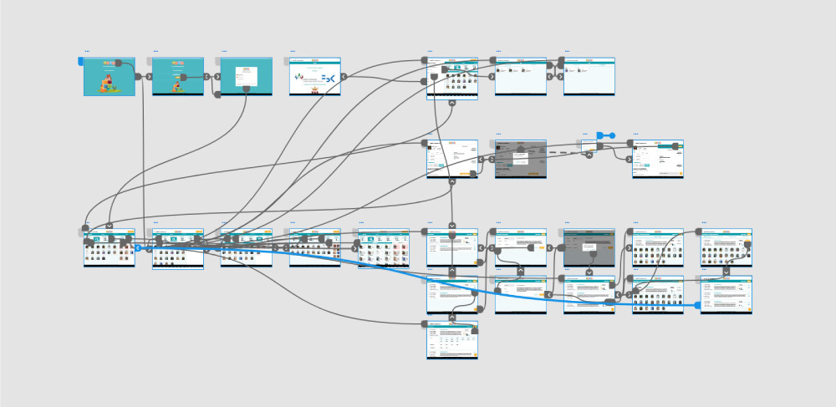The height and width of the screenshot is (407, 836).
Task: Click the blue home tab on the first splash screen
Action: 81,61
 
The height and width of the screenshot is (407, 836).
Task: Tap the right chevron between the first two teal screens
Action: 149,76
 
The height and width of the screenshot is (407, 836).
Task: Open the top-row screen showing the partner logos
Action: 315,77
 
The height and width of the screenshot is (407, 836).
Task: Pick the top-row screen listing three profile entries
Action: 520,77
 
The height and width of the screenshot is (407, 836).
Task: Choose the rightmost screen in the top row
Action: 589,77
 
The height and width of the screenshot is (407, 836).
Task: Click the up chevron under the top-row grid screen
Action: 452,103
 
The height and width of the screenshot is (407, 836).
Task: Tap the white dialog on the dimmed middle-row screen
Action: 520,158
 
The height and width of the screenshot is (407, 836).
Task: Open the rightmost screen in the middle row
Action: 657,158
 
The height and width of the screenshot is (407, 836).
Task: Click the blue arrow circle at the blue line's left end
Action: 137,248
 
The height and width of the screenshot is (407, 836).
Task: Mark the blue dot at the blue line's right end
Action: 698,306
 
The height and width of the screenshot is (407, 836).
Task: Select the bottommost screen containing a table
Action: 452,340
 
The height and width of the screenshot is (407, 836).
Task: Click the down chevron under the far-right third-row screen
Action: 726,271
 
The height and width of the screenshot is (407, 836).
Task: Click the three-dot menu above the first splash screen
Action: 86,51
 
